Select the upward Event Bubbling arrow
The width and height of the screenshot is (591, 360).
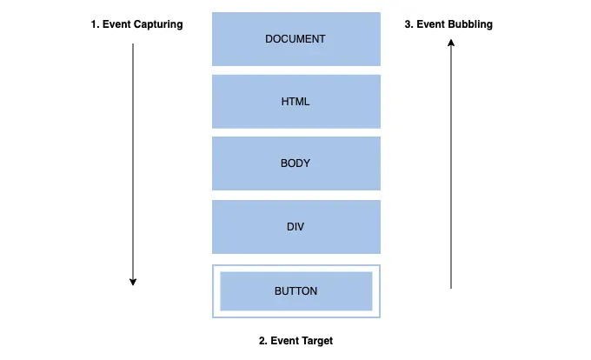[451, 165]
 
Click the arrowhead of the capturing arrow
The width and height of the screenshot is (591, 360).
[133, 281]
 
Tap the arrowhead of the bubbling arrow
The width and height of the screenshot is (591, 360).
[451, 49]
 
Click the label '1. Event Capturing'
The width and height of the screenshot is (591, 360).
[136, 24]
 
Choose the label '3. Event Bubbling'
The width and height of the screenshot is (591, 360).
[448, 24]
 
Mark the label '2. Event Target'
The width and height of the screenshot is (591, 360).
[295, 341]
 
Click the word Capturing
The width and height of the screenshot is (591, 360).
[157, 24]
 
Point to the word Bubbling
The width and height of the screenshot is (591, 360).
[469, 24]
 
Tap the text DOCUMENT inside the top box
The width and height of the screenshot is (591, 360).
[295, 39]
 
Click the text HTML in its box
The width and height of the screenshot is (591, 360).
[295, 102]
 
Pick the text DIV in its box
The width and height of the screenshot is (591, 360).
[295, 227]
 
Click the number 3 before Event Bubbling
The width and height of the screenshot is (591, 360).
[408, 24]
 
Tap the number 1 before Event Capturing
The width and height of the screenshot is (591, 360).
[94, 24]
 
